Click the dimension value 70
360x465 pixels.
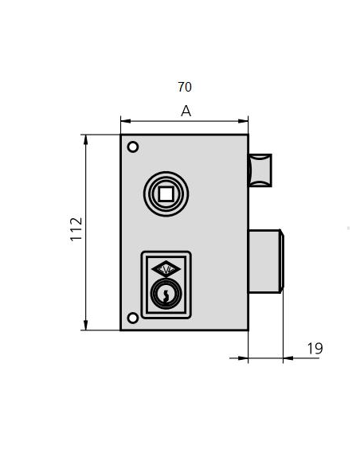click(185, 87)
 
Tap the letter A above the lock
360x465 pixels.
click(186, 111)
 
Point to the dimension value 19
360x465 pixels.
click(314, 348)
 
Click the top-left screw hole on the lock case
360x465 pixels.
click(133, 147)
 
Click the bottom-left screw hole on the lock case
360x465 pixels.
click(133, 318)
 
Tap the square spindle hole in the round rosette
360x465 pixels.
click(166, 191)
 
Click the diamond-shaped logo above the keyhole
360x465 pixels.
click(166, 268)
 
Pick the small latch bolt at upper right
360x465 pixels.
click(260, 170)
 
